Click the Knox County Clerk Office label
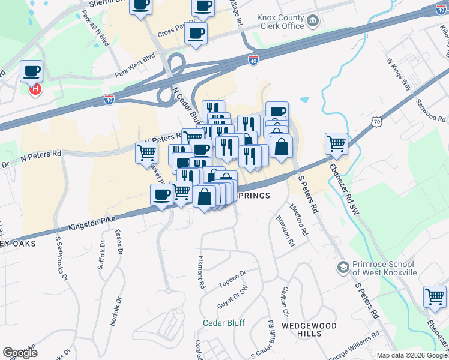click(x=280, y=22)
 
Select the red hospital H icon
click(x=36, y=89)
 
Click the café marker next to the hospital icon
click(x=31, y=72)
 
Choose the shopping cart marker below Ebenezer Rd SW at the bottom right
click(x=435, y=297)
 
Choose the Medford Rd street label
click(x=298, y=220)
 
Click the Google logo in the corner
click(x=20, y=353)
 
